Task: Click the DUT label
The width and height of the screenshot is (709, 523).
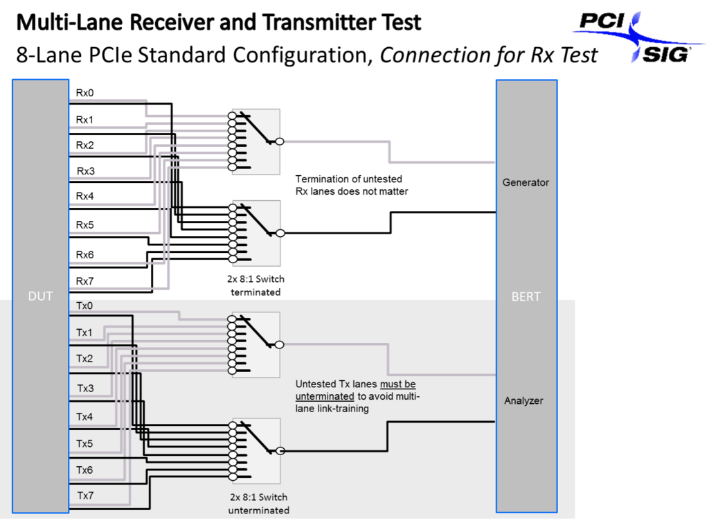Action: click(x=40, y=296)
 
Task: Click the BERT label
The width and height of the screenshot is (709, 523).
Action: click(x=526, y=296)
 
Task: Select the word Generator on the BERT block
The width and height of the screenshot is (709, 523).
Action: click(x=526, y=182)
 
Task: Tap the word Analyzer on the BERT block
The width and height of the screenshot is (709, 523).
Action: click(x=523, y=400)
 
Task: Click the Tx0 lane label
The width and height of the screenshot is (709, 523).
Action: click(x=84, y=305)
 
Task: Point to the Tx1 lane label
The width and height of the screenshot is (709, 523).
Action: click(x=84, y=333)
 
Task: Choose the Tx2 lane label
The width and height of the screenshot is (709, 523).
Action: click(x=84, y=359)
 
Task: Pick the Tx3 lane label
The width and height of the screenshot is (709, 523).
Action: click(x=84, y=388)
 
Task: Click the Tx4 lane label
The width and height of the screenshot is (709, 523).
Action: click(x=84, y=416)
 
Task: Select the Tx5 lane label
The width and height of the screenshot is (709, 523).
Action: click(x=84, y=443)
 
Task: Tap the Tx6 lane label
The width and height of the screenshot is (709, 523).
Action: click(x=84, y=470)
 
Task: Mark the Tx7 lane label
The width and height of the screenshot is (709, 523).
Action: click(x=84, y=495)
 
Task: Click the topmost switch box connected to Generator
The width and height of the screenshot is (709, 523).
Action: click(x=255, y=141)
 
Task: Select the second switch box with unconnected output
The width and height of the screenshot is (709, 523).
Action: click(x=256, y=233)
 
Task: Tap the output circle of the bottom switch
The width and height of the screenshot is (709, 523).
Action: click(x=280, y=451)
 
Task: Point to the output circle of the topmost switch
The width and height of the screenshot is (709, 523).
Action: click(x=280, y=141)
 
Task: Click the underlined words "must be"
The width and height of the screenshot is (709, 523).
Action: click(x=397, y=384)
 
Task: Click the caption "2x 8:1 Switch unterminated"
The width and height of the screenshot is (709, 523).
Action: click(x=259, y=504)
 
